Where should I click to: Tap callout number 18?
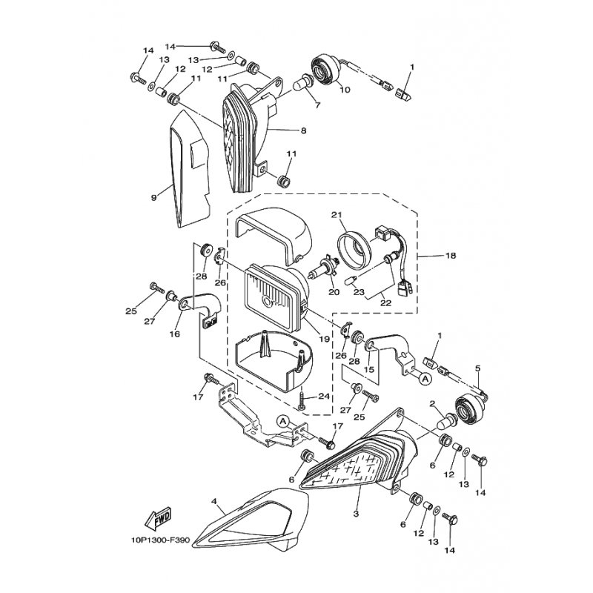pyautogui.click(x=451, y=256)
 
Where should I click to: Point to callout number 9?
pyautogui.click(x=153, y=197)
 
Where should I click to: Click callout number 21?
pyautogui.click(x=337, y=215)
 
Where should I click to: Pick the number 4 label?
pyautogui.click(x=214, y=502)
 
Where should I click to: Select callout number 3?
pyautogui.click(x=356, y=514)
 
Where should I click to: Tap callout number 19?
pyautogui.click(x=324, y=339)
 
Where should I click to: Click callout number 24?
pyautogui.click(x=324, y=397)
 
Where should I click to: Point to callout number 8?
pyautogui.click(x=303, y=131)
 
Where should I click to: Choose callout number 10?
pyautogui.click(x=345, y=90)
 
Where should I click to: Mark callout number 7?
pyautogui.click(x=317, y=105)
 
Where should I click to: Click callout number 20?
pyautogui.click(x=334, y=292)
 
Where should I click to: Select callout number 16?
pyautogui.click(x=175, y=334)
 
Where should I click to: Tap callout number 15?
pyautogui.click(x=368, y=369)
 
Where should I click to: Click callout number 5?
pyautogui.click(x=477, y=368)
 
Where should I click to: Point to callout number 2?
pyautogui.click(x=432, y=404)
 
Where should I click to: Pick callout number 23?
pyautogui.click(x=359, y=292)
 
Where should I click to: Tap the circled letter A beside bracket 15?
pyautogui.click(x=425, y=378)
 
